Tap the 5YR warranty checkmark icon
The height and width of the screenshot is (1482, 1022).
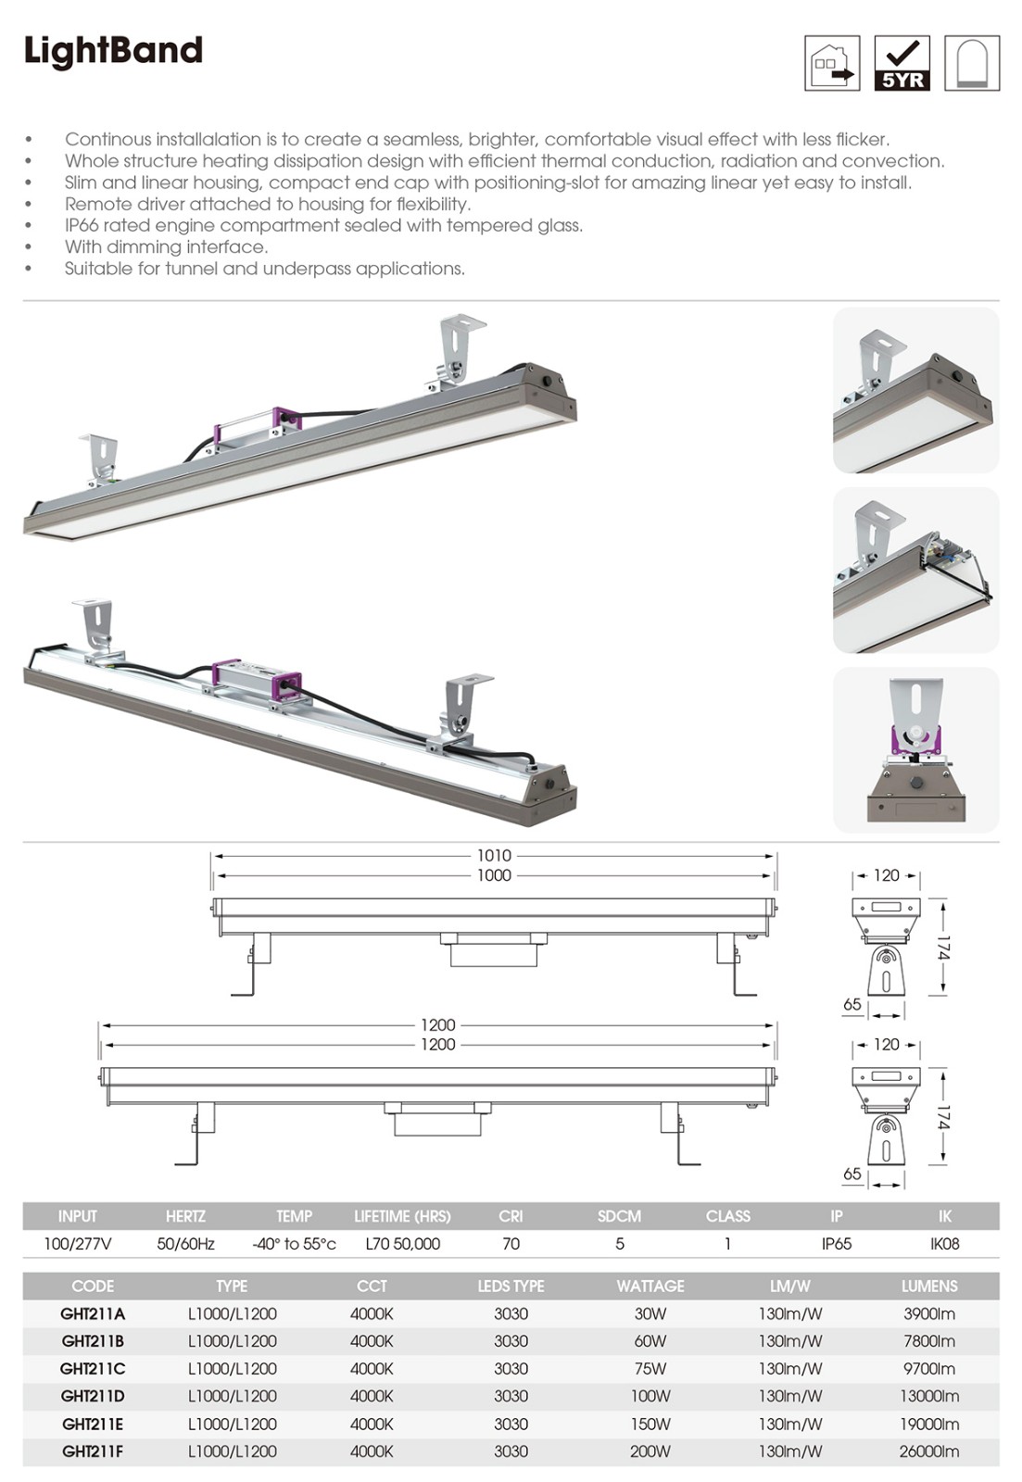(x=902, y=64)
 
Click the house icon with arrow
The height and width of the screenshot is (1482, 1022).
(x=832, y=64)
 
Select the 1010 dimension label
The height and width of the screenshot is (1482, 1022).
(x=495, y=856)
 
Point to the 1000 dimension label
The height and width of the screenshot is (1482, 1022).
(x=495, y=875)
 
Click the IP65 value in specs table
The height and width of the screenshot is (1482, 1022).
(x=837, y=1244)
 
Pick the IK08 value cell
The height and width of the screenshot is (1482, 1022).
(x=944, y=1244)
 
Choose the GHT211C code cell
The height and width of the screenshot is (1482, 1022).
(x=93, y=1368)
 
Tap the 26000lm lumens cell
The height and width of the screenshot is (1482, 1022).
(x=929, y=1451)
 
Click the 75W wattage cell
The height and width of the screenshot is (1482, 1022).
(x=650, y=1368)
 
